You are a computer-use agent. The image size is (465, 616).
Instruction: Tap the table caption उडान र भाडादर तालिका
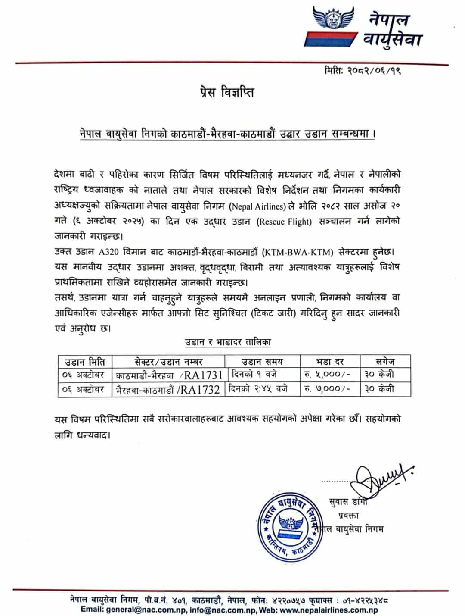pyautogui.click(x=228, y=342)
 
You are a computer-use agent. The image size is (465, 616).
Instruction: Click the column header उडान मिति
pyautogui.click(x=85, y=361)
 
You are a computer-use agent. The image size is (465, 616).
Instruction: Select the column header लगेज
pyautogui.click(x=385, y=361)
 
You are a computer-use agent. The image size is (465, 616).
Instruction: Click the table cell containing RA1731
pyautogui.click(x=169, y=375)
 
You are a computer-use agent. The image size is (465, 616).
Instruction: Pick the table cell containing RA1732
pyautogui.click(x=169, y=390)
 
